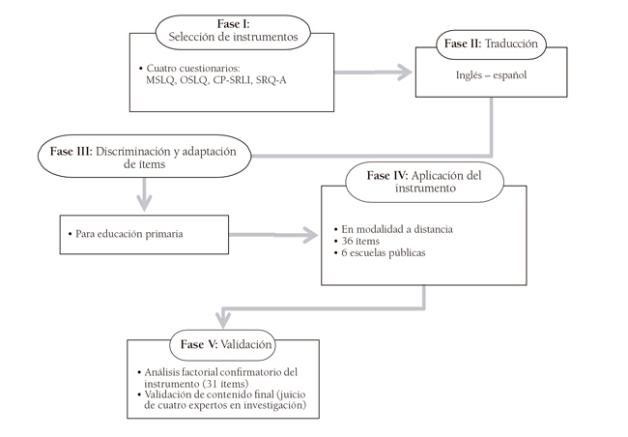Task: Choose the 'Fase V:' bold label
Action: pyautogui.click(x=200, y=344)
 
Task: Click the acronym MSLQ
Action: pyautogui.click(x=155, y=79)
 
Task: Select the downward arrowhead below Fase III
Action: pyautogui.click(x=144, y=203)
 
